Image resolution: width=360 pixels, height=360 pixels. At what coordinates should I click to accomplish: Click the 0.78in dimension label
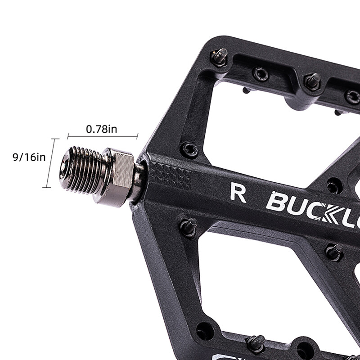[x=102, y=129]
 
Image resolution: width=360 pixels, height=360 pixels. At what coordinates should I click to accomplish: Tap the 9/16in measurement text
[x=29, y=157]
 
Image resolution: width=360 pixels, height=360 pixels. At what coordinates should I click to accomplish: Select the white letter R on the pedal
[x=238, y=192]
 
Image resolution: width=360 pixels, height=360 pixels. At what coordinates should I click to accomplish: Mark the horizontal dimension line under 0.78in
[x=103, y=136]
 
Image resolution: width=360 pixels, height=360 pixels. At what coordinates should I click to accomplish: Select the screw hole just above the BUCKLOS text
[x=333, y=184]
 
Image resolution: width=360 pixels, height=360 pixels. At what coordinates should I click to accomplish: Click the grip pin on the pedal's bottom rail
[x=256, y=343]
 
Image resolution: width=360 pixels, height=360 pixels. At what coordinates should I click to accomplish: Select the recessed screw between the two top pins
[x=261, y=73]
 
